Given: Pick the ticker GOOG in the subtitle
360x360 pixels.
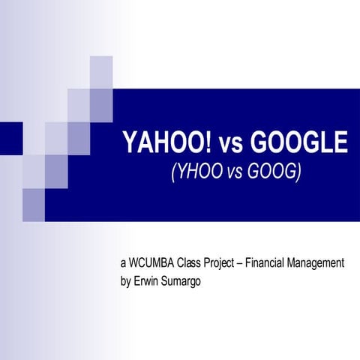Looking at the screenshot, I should pos(271,172).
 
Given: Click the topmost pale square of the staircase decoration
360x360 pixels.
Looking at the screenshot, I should pos(101,72).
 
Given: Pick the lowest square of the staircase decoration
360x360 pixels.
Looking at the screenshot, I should pos(34,200).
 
